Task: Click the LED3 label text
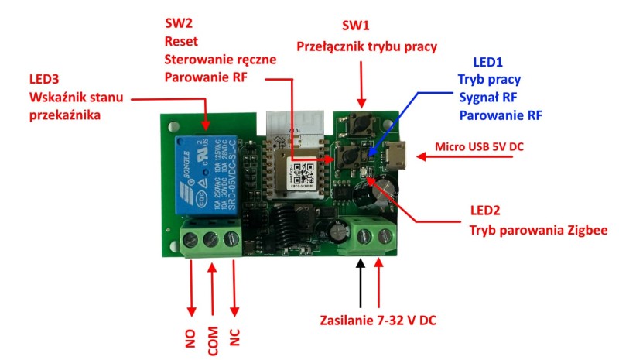coord(45,79)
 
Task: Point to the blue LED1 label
coord(489,60)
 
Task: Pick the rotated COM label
coord(212,339)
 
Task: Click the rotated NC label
coord(234,339)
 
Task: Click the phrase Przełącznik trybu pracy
coord(367,46)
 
